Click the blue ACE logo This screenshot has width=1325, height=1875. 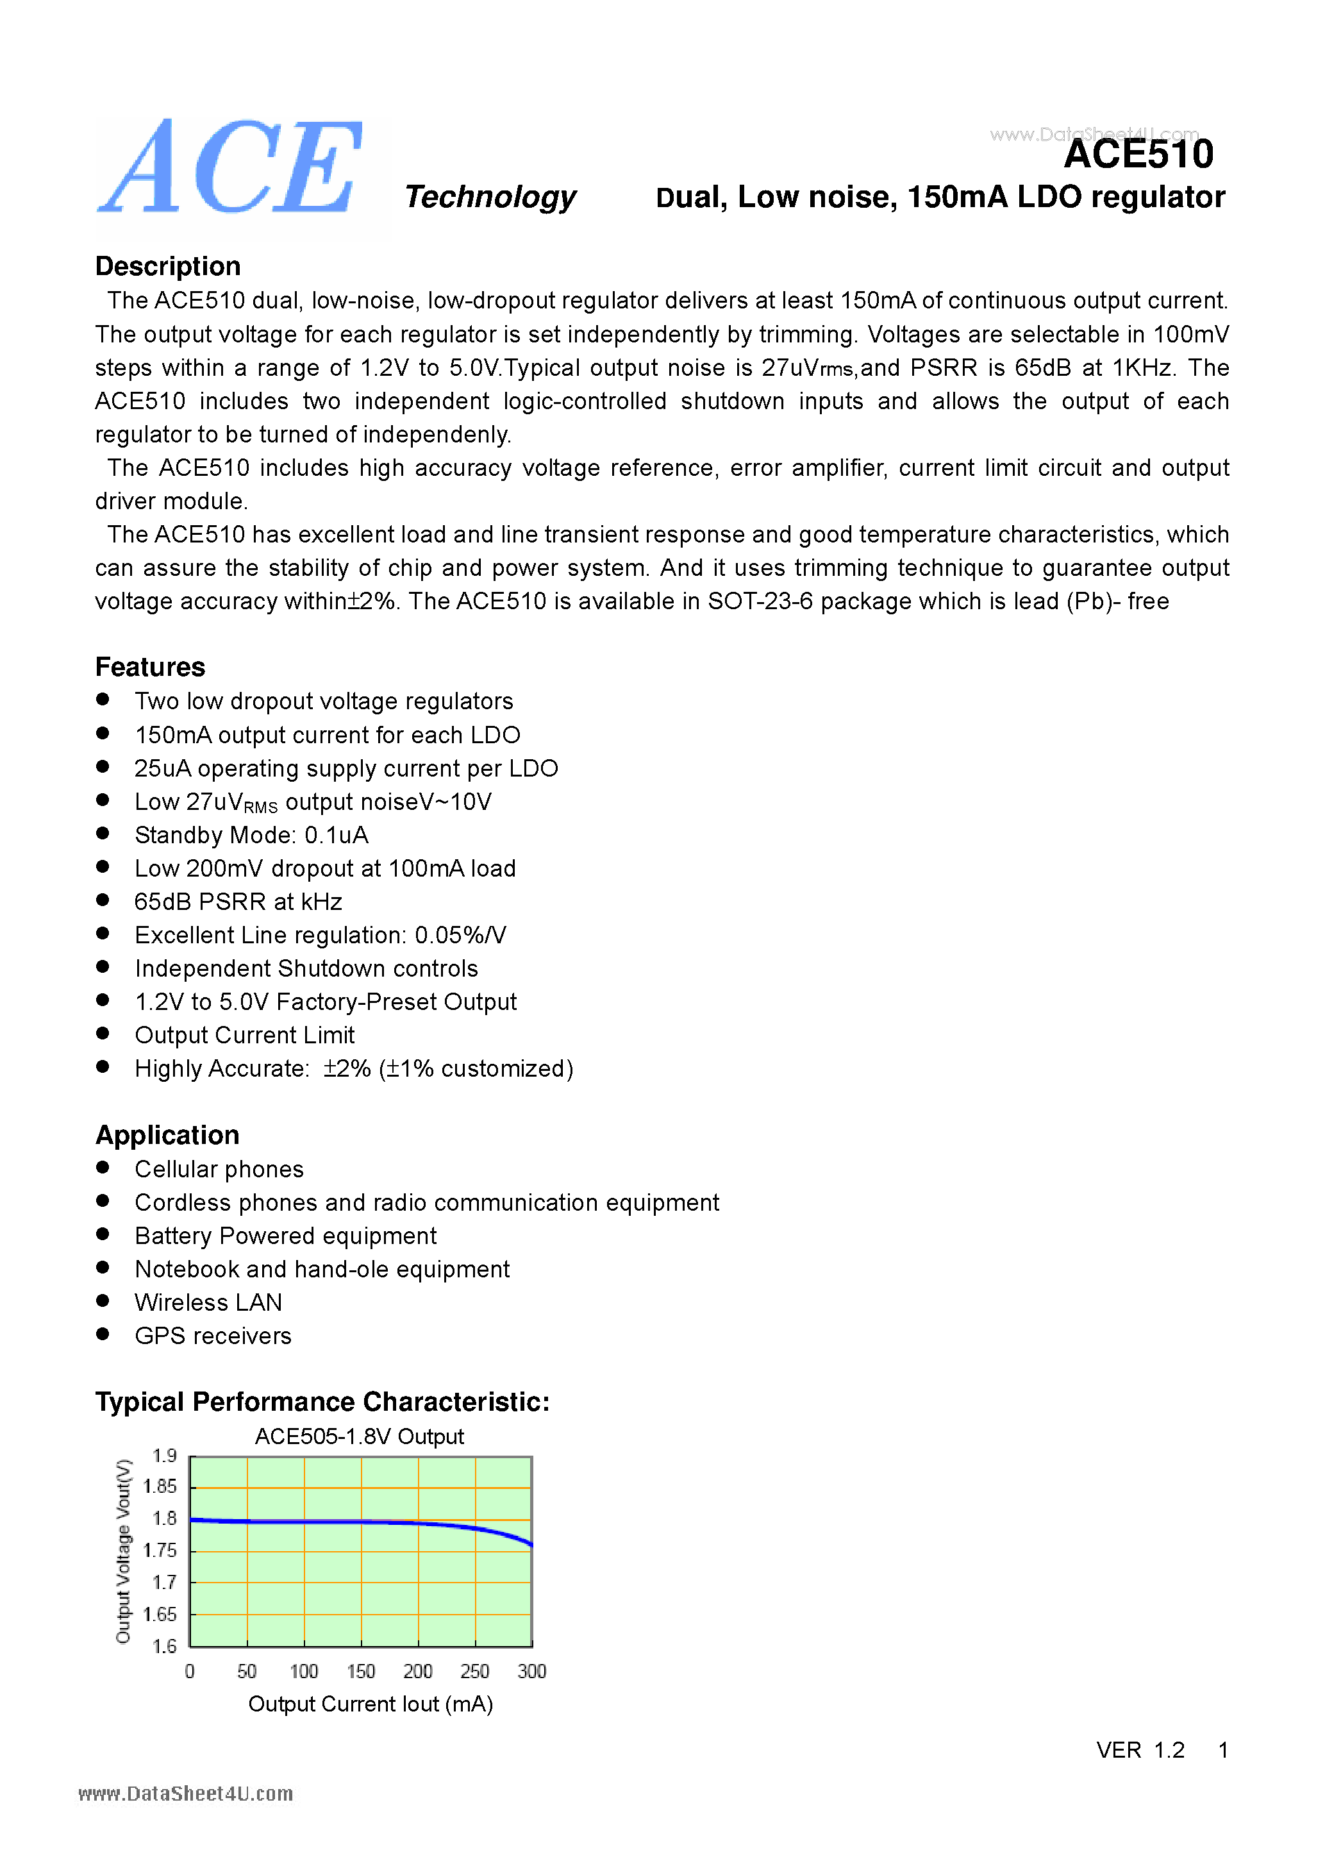click(x=230, y=167)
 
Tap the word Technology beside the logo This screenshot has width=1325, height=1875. click(x=490, y=197)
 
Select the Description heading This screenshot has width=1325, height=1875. click(x=167, y=266)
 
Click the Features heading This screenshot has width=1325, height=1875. click(x=150, y=666)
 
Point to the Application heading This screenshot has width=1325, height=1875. click(x=167, y=1134)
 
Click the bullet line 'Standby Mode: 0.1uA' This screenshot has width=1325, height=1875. click(x=251, y=835)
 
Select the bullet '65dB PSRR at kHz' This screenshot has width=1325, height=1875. click(x=238, y=902)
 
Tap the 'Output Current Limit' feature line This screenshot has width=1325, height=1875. click(x=244, y=1035)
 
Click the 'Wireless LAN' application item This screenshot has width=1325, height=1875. click(x=208, y=1302)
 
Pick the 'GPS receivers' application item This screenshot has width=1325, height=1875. click(x=213, y=1335)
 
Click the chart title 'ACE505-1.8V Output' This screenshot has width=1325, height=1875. click(x=359, y=1436)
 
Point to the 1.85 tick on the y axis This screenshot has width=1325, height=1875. click(x=160, y=1486)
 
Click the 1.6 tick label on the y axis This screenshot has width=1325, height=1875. click(x=164, y=1646)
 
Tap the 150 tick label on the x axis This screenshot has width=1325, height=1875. click(x=361, y=1672)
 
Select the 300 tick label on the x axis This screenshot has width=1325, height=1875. click(x=531, y=1672)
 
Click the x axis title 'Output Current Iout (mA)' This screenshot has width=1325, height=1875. click(x=370, y=1704)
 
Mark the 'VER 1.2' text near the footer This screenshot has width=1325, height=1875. click(x=1140, y=1750)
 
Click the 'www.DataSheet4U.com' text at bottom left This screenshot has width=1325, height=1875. click(x=185, y=1794)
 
